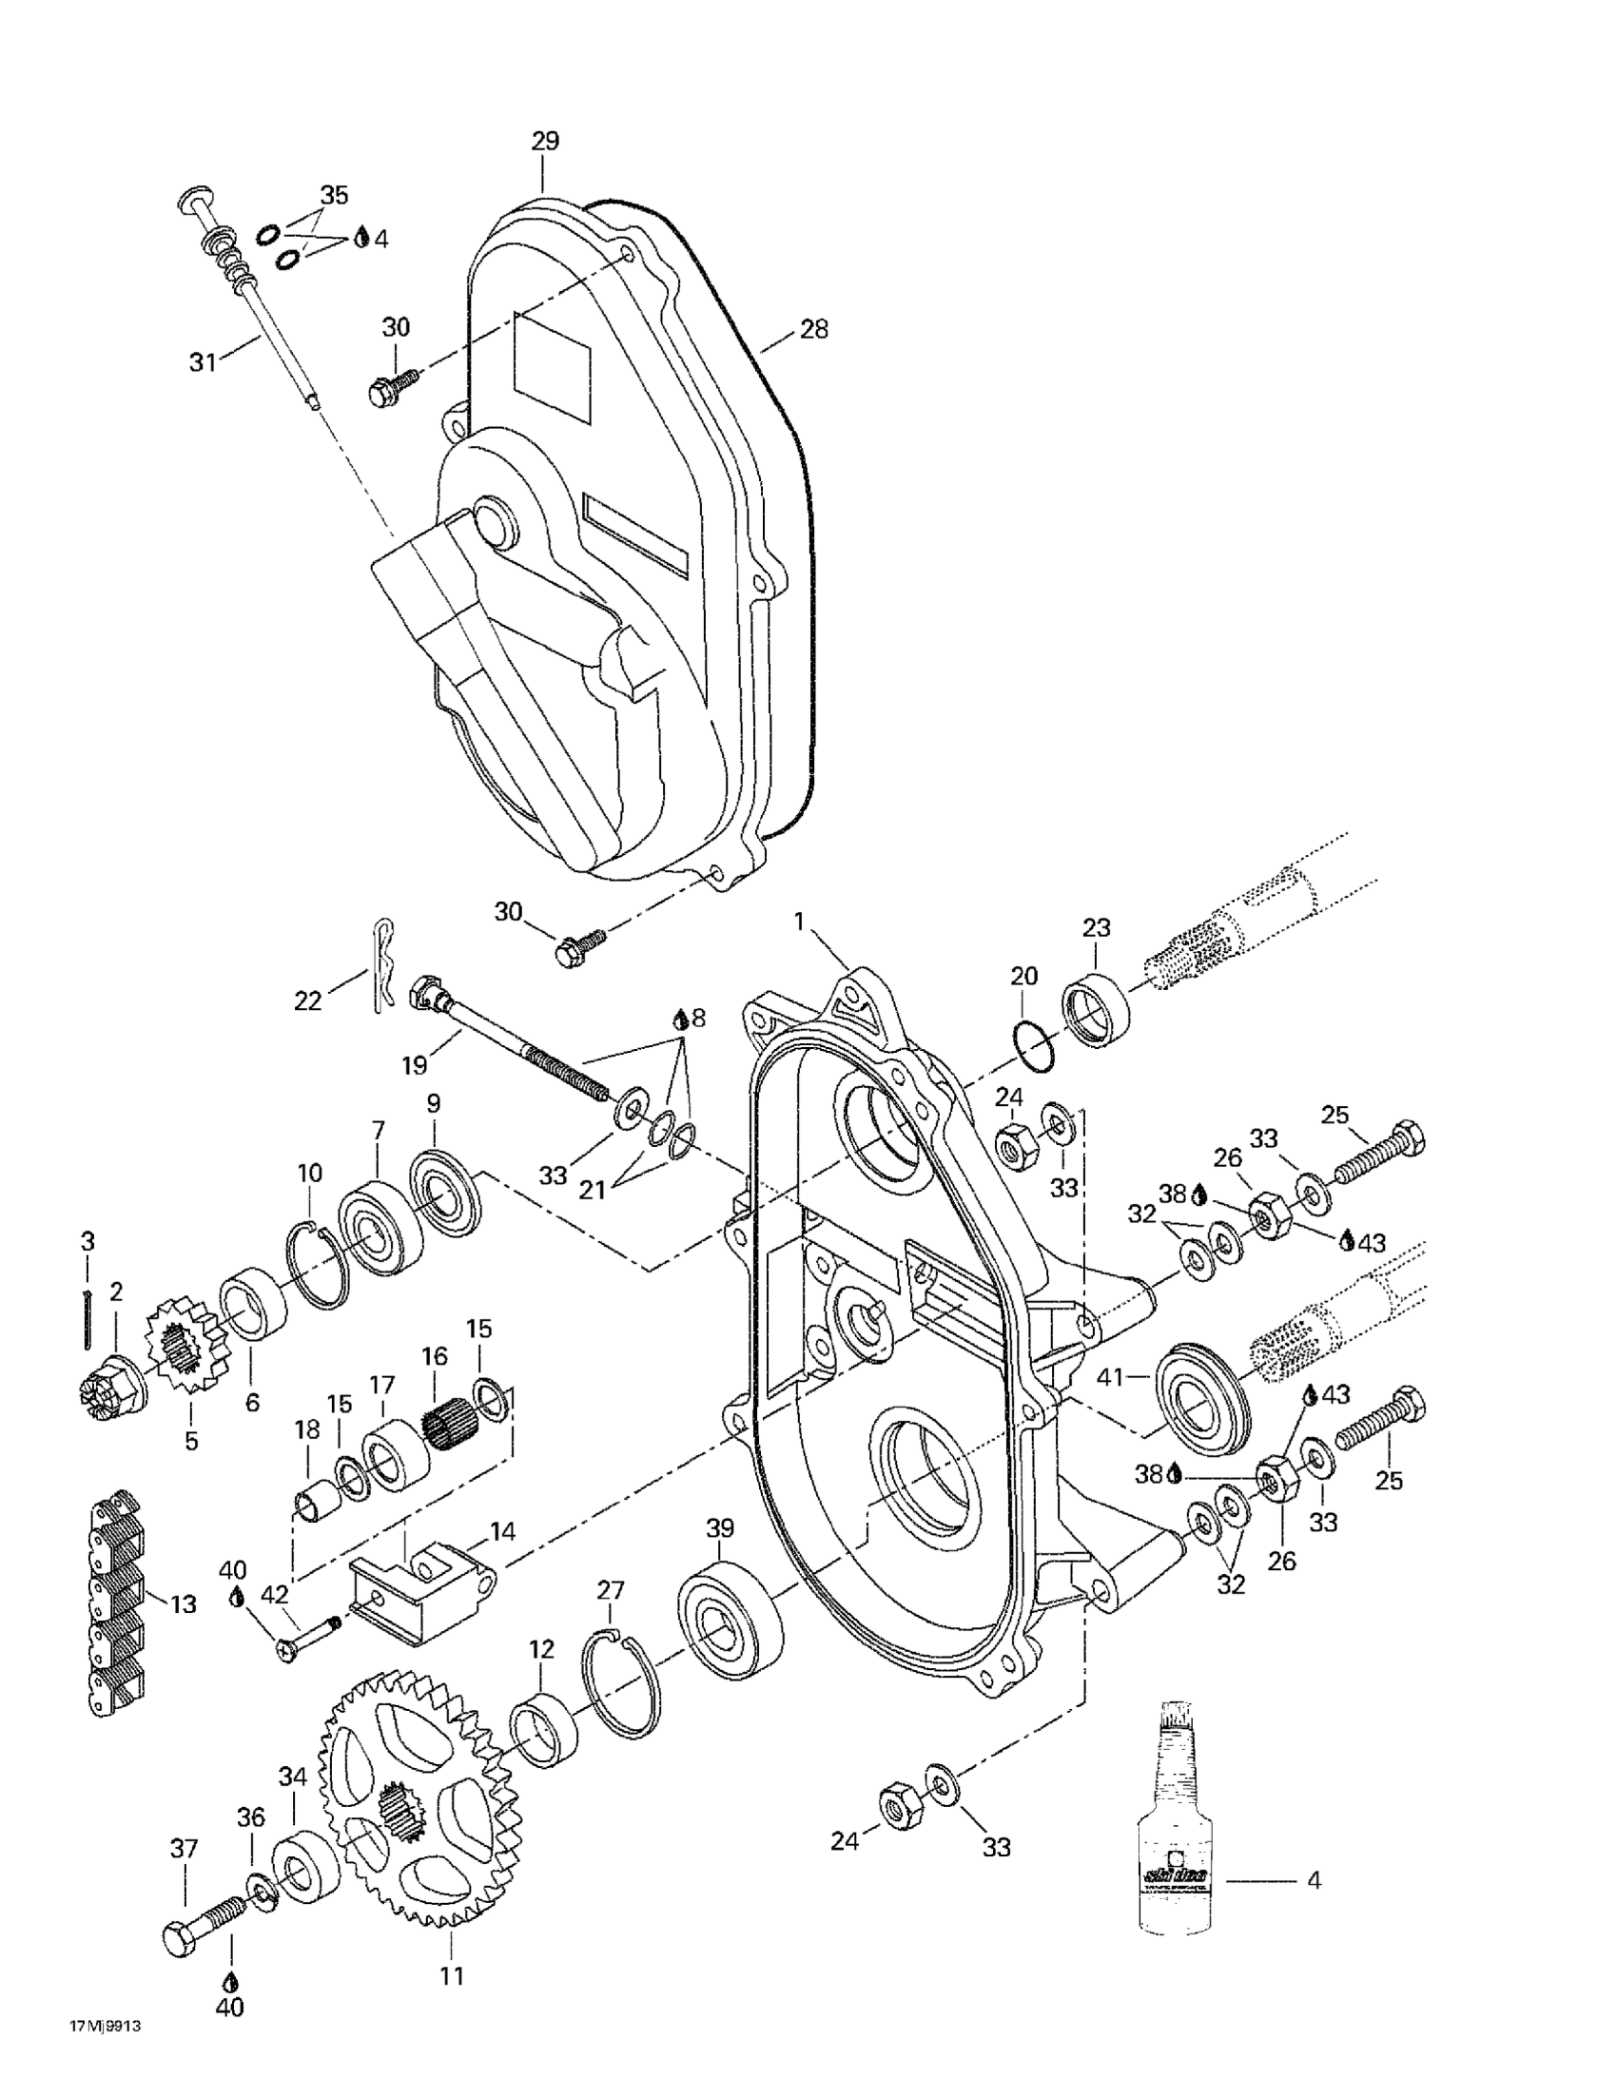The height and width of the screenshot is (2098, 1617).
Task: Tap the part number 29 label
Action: pyautogui.click(x=545, y=141)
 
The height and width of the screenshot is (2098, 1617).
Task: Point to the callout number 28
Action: pyautogui.click(x=814, y=329)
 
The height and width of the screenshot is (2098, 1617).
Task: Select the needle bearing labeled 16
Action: pyautogui.click(x=449, y=1419)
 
